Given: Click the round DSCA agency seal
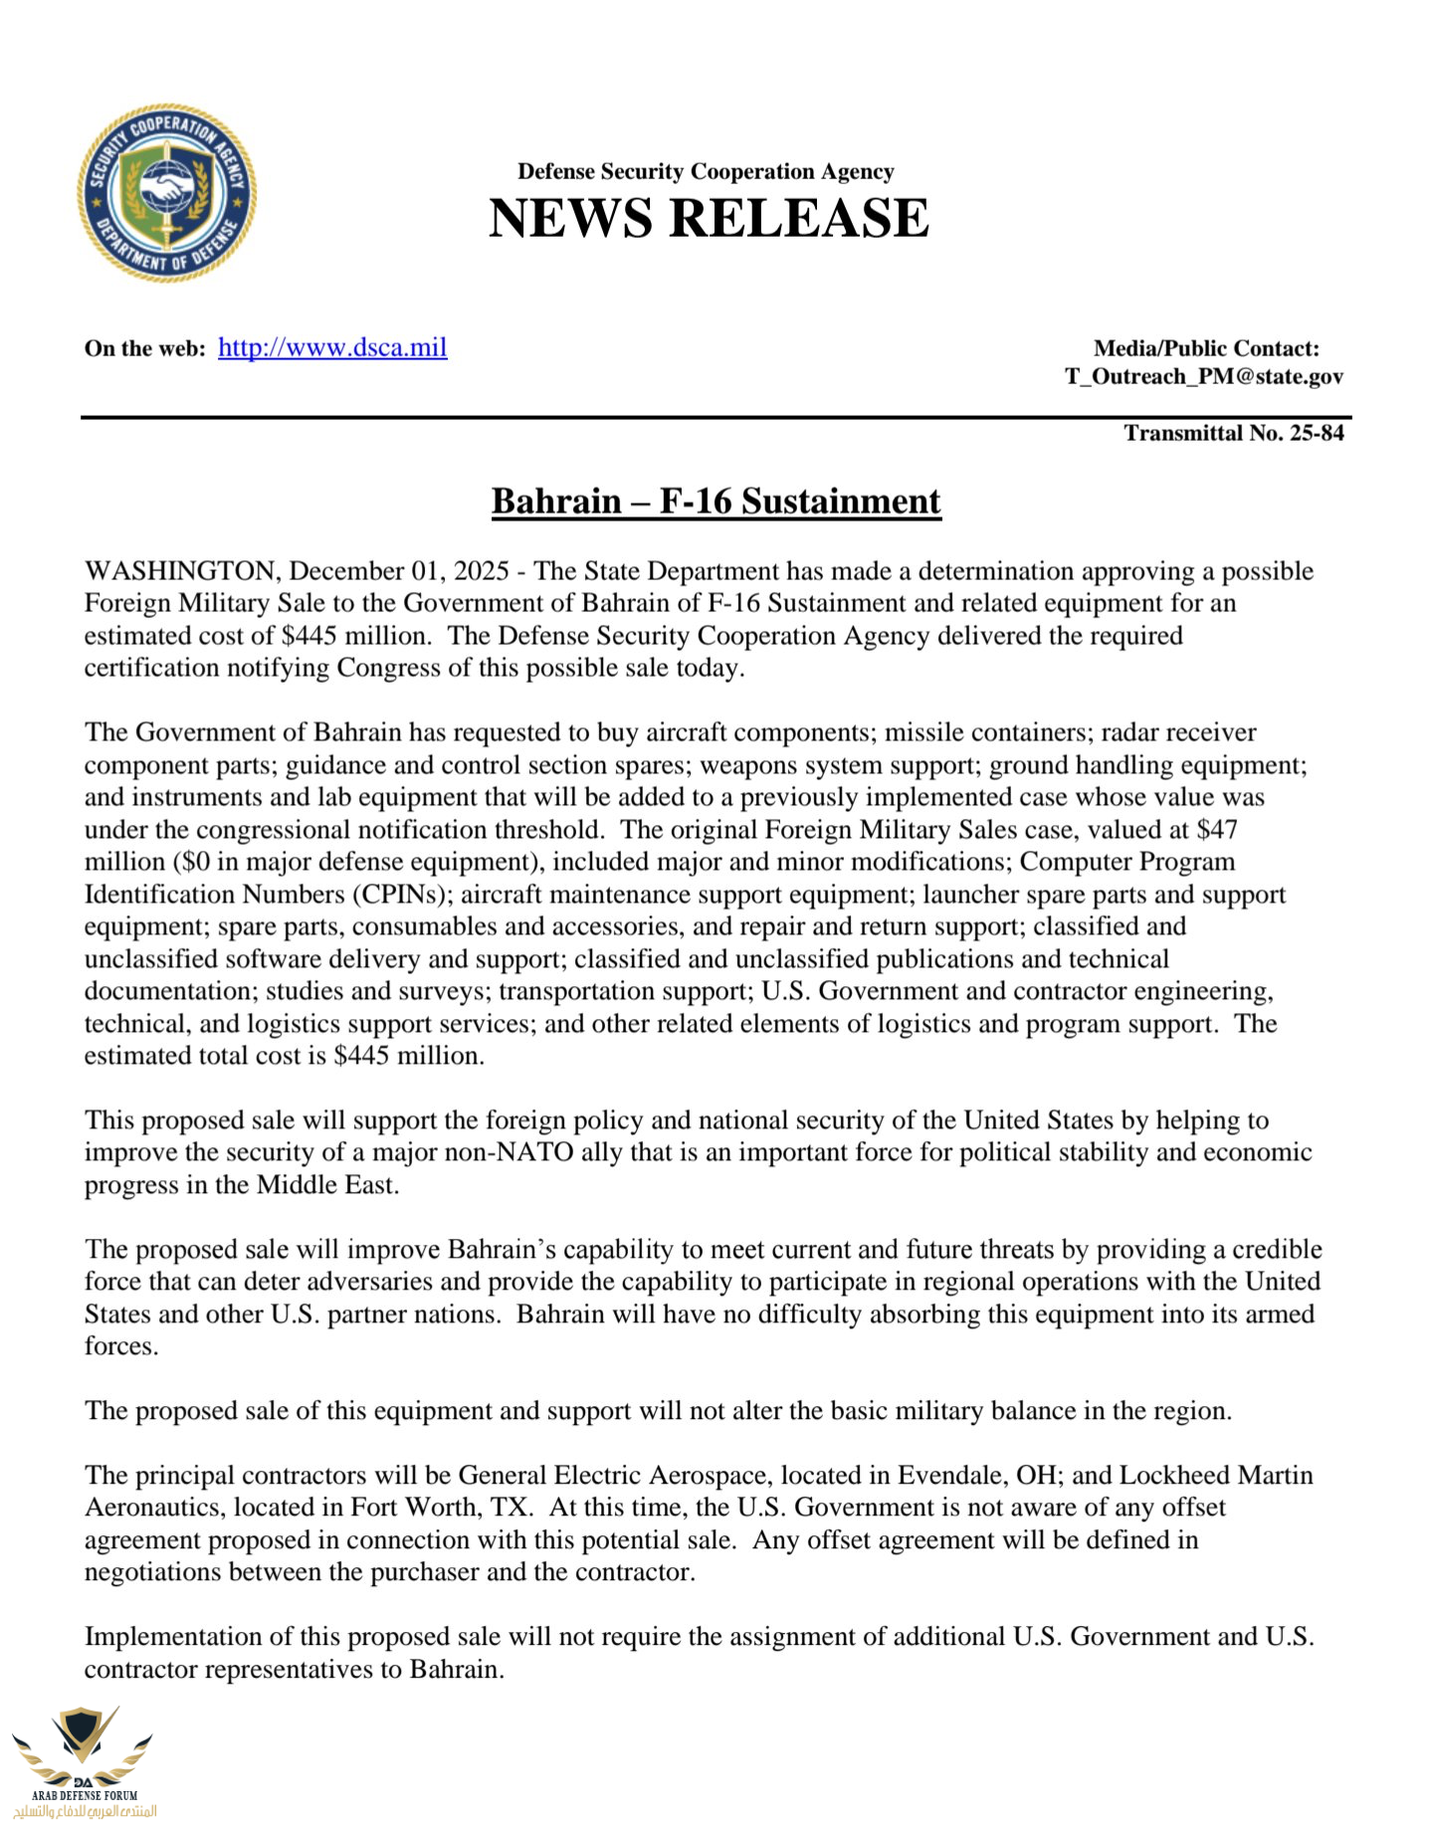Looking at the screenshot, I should pos(167,192).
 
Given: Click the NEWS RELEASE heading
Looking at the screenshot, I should pos(709,218).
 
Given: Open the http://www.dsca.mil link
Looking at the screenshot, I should pos(332,347).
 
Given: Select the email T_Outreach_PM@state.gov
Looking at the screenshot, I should pos(1204,376).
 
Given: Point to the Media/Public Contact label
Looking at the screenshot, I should pos(1206,348).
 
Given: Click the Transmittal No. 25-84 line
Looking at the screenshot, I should pos(1234,433).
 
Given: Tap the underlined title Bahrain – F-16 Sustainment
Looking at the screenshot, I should pos(716,501).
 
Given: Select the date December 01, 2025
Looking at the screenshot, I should pos(399,571).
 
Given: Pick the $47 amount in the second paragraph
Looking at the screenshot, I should pos(1218,829).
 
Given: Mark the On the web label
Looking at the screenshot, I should pos(144,348).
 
